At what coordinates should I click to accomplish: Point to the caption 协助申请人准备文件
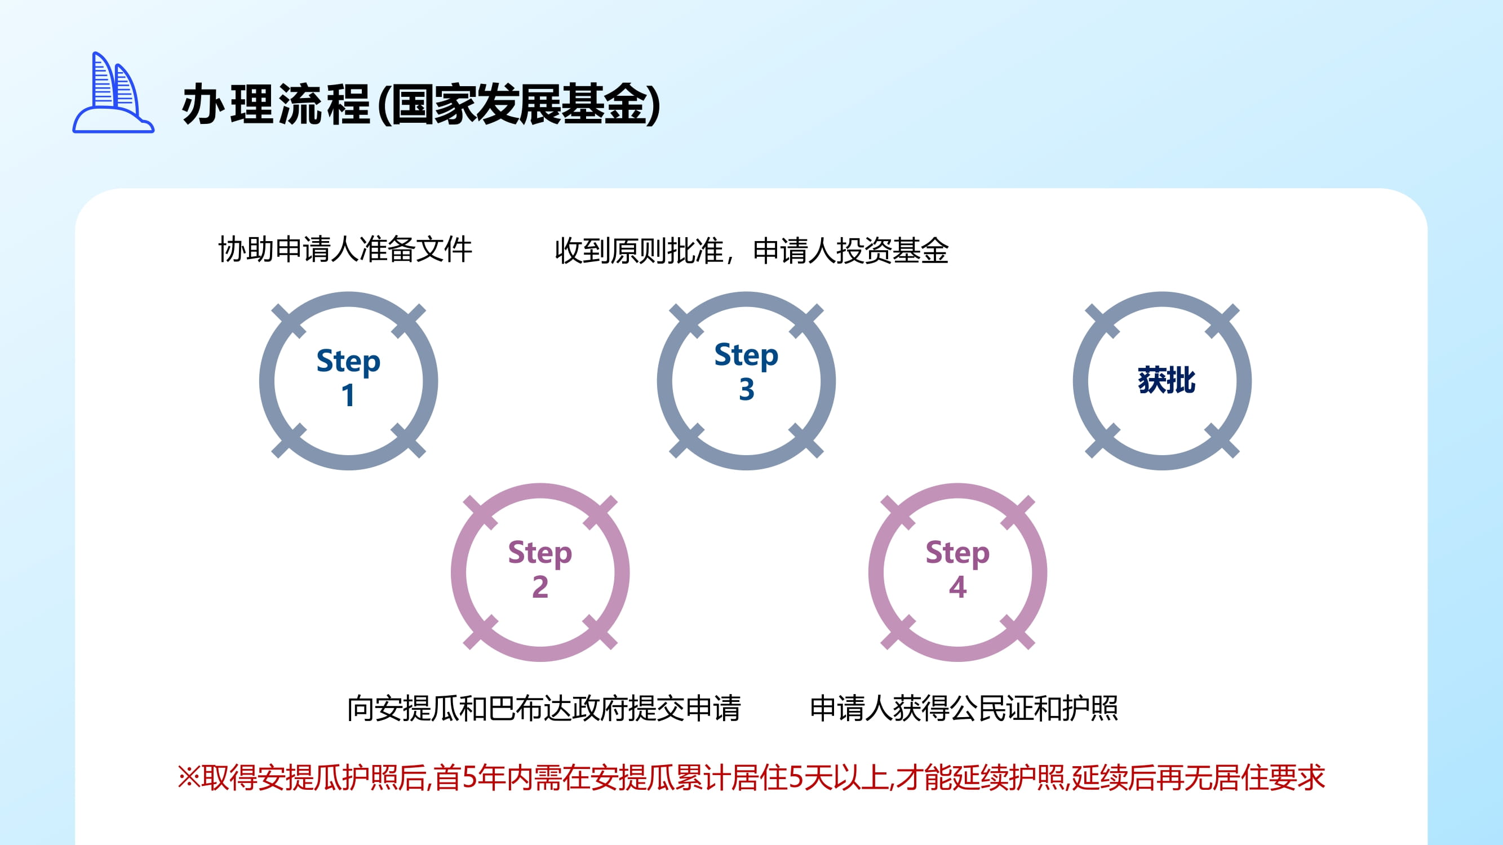tap(345, 250)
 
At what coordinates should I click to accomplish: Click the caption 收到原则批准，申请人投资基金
tap(752, 251)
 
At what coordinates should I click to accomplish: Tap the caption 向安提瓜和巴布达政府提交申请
tap(544, 709)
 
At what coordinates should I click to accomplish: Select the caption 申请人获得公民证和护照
tap(964, 709)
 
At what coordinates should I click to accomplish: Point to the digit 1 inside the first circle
tap(348, 395)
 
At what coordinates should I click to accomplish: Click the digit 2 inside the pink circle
tap(540, 586)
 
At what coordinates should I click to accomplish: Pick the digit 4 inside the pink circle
tap(957, 586)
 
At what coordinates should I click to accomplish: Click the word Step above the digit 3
tap(746, 355)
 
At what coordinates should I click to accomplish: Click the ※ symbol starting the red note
tap(189, 778)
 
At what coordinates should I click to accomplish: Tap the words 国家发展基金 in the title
tap(519, 105)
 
